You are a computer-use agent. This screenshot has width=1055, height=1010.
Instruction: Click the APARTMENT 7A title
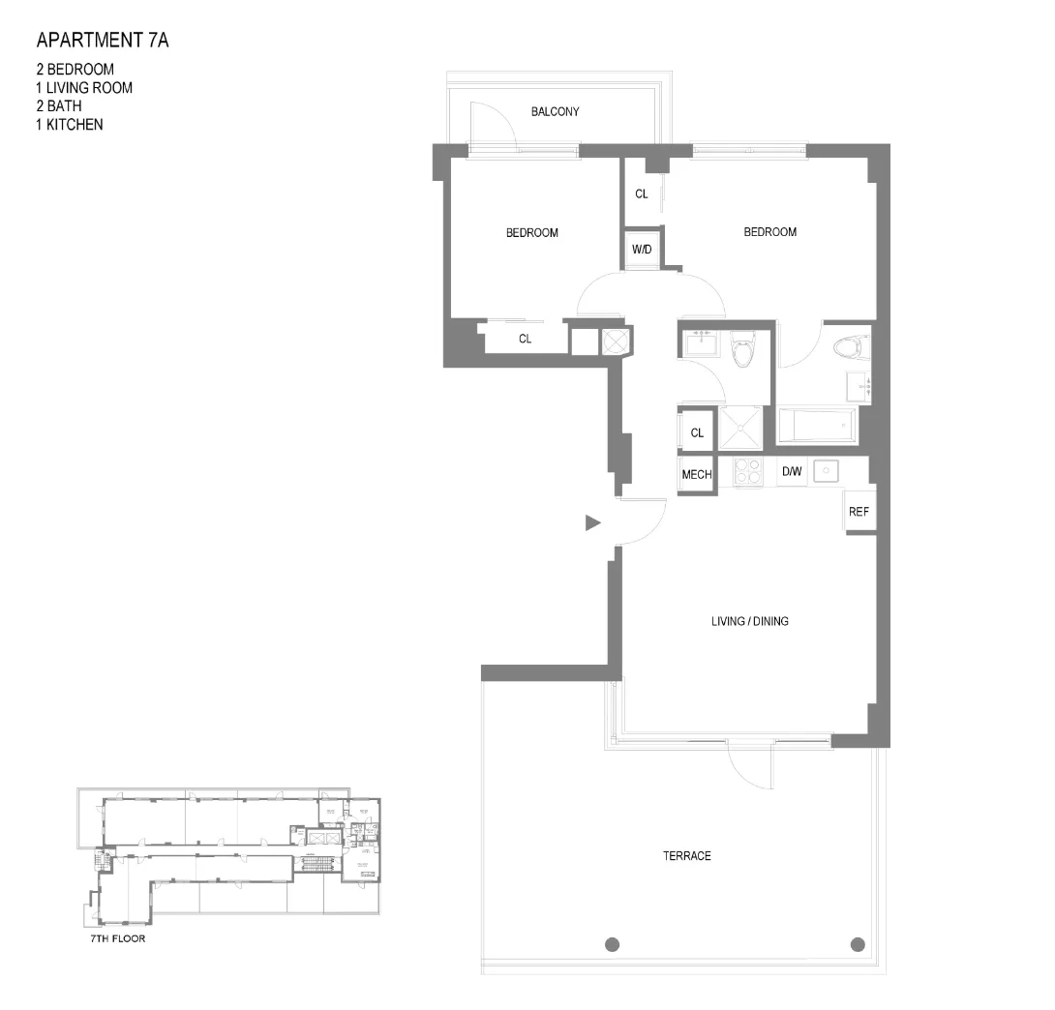tap(103, 41)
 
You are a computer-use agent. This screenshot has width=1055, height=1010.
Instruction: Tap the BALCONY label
tap(555, 112)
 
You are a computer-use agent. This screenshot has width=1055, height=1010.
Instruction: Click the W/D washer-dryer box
tap(642, 250)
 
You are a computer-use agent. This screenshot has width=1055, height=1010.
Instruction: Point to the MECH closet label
tap(697, 475)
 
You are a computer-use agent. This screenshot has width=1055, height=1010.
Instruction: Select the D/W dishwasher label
tap(791, 472)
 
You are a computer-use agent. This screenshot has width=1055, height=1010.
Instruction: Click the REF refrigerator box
tap(859, 512)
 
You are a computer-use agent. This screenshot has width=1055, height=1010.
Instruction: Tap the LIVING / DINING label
tap(749, 621)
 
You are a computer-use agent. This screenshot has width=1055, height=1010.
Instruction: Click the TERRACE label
tap(686, 856)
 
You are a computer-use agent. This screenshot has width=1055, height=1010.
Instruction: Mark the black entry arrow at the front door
tap(593, 523)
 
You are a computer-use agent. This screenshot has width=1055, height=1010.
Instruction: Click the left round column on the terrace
tap(612, 944)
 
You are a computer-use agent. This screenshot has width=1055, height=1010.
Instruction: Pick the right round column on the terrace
tap(856, 944)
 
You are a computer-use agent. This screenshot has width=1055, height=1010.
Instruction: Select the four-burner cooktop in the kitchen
tap(748, 471)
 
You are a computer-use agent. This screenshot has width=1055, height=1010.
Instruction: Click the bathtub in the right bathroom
tap(817, 426)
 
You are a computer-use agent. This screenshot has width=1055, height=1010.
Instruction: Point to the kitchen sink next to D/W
tap(826, 471)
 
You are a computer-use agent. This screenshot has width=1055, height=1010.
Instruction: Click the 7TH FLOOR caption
tap(112, 938)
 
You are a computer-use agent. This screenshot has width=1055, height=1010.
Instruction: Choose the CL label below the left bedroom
tap(525, 340)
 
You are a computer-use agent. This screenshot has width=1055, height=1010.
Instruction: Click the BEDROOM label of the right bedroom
tap(769, 232)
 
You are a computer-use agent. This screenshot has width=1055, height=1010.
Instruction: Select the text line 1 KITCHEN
tap(69, 125)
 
